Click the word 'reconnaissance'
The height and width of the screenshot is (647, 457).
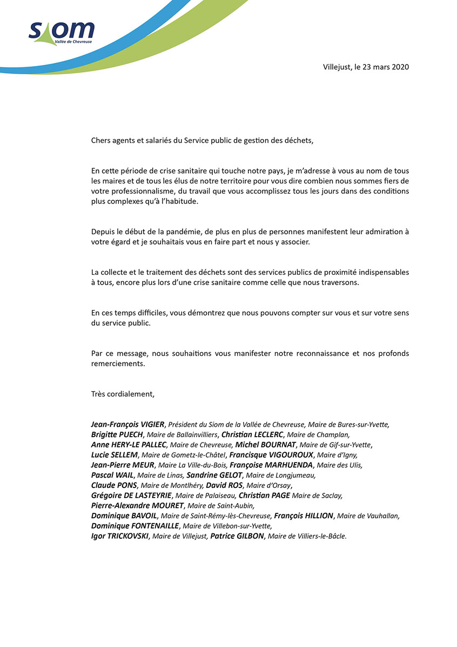click(319, 353)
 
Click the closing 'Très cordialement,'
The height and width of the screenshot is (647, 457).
click(123, 394)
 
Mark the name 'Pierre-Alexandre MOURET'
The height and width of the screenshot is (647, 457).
click(137, 505)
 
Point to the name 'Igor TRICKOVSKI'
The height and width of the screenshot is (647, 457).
click(120, 536)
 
